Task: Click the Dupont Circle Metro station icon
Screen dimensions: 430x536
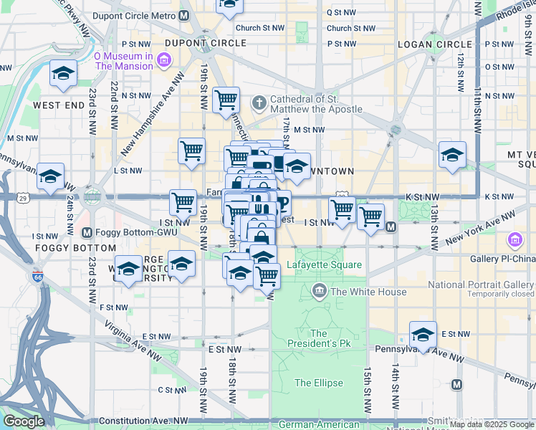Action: click(185, 15)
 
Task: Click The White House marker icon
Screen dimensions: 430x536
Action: click(319, 291)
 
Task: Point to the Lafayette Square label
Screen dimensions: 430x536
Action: click(324, 265)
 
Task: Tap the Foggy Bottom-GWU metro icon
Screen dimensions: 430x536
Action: click(87, 232)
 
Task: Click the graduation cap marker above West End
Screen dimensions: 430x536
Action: click(63, 75)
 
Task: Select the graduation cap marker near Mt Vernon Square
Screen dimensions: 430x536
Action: click(452, 155)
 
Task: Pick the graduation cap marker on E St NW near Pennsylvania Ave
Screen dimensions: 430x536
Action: click(423, 335)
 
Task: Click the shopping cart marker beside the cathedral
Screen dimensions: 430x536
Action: click(226, 100)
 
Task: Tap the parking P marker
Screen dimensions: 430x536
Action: click(284, 204)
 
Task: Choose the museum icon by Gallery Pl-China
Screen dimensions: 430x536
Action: click(515, 239)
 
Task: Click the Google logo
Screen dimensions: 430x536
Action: click(24, 421)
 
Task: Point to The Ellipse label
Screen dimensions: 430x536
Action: click(318, 383)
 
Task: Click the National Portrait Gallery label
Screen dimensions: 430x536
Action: click(481, 285)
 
